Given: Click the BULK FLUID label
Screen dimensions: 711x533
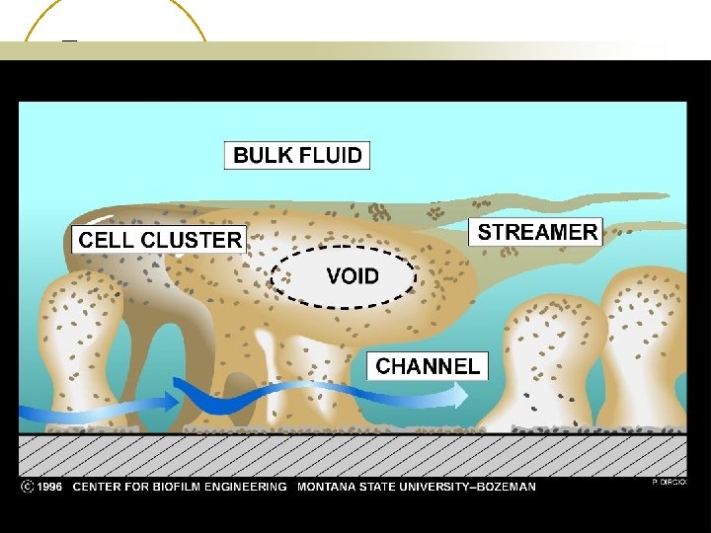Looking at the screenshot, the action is (297, 155).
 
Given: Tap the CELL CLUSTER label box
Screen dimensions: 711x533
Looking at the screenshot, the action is (160, 239).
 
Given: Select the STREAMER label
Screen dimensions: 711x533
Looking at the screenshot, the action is (537, 232).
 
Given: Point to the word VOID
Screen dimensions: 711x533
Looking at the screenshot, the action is (353, 275).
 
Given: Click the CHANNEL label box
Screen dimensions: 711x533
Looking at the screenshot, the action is (428, 366).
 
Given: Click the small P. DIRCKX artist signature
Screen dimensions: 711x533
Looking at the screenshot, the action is (669, 482).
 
